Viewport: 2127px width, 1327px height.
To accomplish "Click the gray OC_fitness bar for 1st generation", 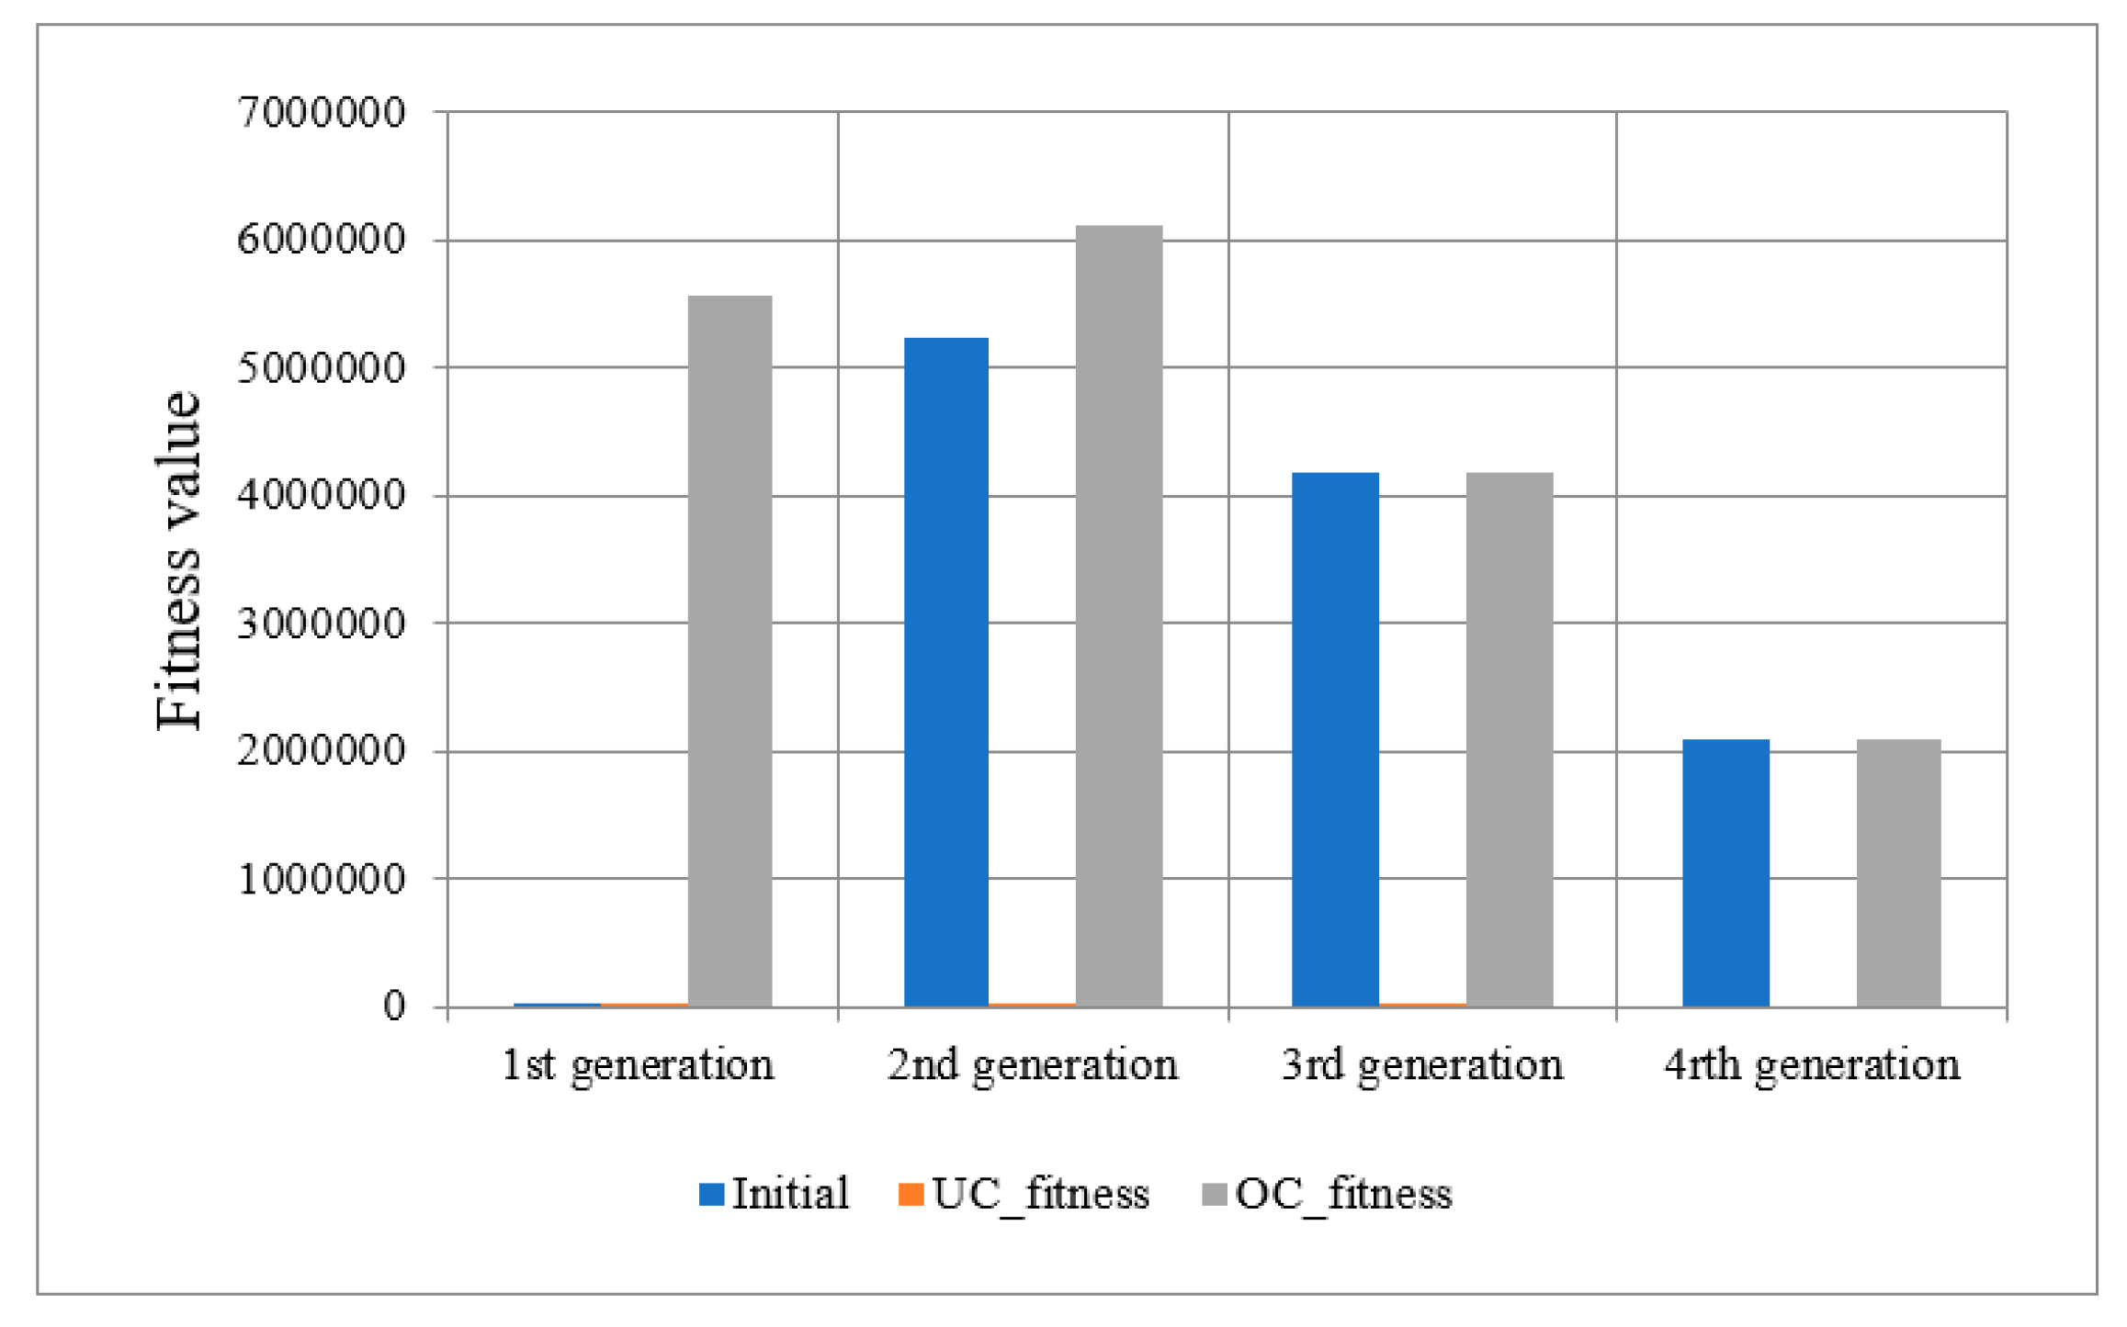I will tap(730, 651).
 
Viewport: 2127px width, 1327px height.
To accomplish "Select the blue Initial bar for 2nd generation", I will tap(945, 672).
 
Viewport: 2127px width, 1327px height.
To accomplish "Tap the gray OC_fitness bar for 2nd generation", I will tap(1118, 616).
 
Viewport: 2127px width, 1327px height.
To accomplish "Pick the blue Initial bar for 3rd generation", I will tap(1334, 739).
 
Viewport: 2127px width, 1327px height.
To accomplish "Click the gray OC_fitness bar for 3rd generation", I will tap(1509, 739).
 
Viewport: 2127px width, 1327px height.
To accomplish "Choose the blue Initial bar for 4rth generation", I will tap(1725, 872).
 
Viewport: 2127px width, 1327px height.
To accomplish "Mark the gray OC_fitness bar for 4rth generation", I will tap(1898, 872).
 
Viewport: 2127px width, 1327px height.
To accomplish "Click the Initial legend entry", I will tap(774, 1194).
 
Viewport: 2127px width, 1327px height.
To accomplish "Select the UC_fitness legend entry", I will tap(1024, 1194).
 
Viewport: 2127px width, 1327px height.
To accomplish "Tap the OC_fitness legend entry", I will tap(1327, 1194).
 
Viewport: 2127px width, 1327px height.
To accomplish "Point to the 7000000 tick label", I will tap(321, 113).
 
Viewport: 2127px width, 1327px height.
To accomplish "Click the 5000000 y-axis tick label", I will tap(321, 368).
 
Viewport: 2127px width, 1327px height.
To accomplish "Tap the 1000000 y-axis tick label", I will tap(321, 880).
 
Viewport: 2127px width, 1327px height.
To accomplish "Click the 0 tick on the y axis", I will tap(394, 1006).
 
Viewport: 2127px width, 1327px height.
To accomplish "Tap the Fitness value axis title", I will tap(178, 560).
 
